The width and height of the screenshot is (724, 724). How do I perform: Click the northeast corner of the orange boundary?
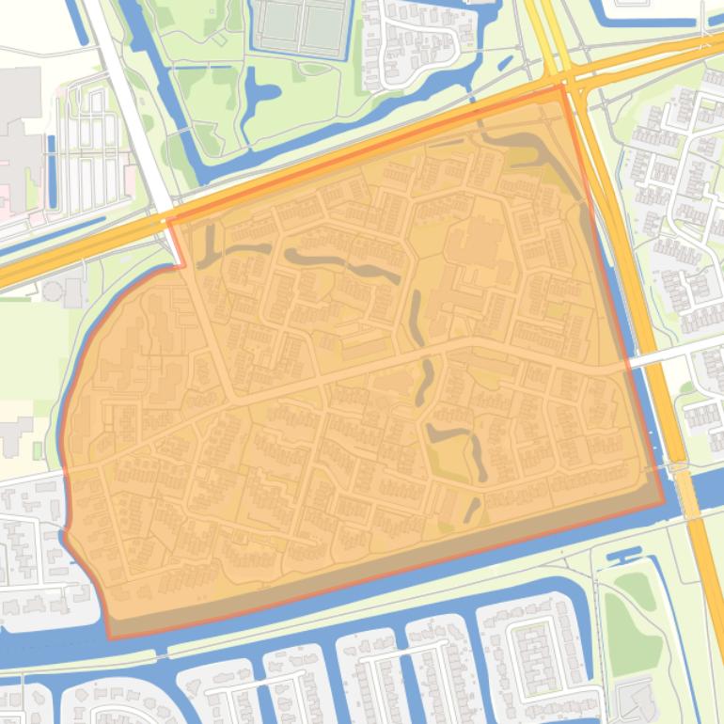pyautogui.click(x=564, y=87)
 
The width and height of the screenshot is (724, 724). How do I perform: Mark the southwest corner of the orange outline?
pyautogui.click(x=110, y=638)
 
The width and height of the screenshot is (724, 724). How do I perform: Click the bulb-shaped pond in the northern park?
pyautogui.click(x=260, y=94)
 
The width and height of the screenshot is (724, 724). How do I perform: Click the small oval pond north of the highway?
pyautogui.click(x=505, y=63)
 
